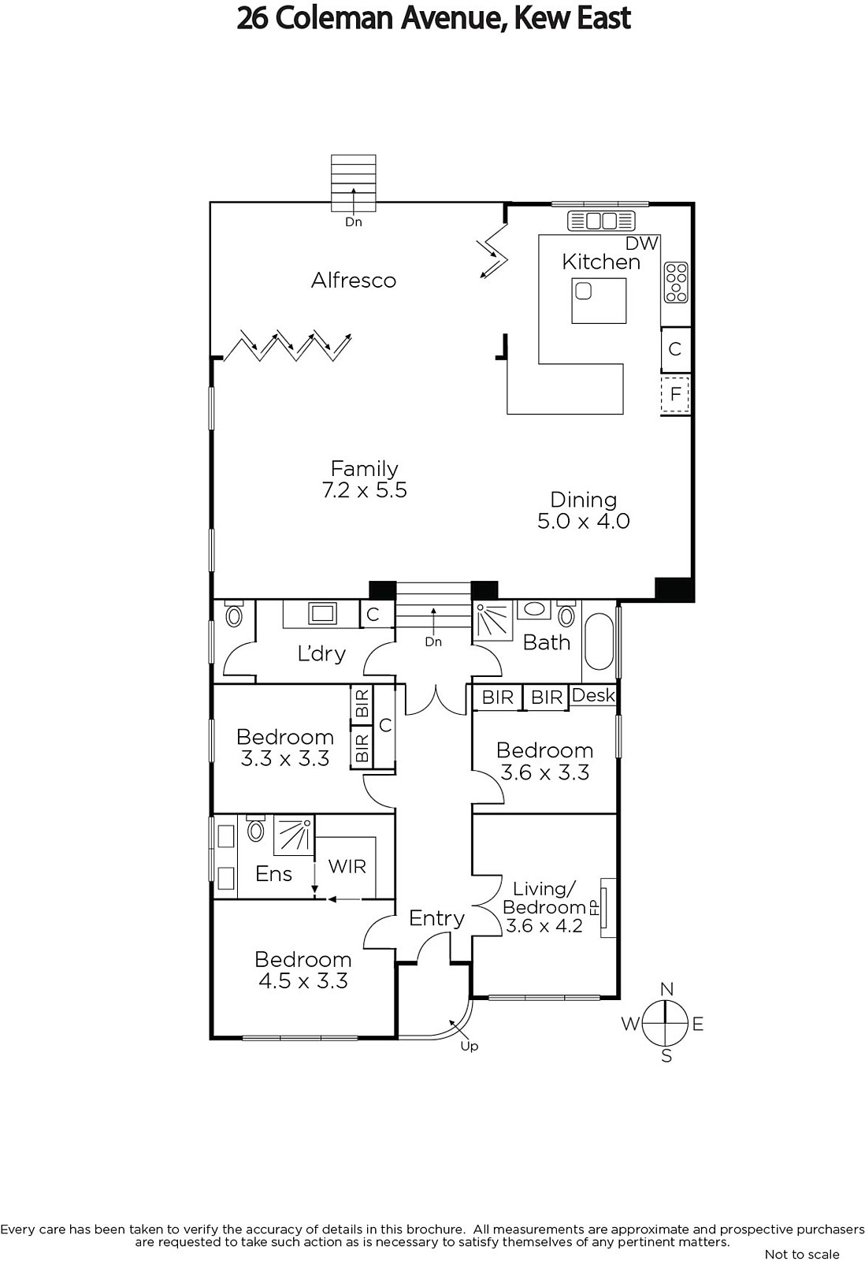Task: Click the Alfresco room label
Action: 354,280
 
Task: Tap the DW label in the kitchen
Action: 641,244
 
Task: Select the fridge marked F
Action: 675,393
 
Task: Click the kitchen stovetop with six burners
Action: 676,283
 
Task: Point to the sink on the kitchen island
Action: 584,291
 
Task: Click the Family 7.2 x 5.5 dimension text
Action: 365,489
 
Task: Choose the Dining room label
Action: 583,500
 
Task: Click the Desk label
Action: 593,695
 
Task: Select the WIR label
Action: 347,866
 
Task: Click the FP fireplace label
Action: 593,907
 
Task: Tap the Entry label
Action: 436,918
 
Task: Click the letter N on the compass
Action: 666,988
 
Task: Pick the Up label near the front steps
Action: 469,1046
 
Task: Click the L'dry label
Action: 321,653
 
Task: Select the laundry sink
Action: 322,612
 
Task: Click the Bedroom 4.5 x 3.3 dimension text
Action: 303,981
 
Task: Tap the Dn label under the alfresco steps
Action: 354,221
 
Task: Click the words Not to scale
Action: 802,1254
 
